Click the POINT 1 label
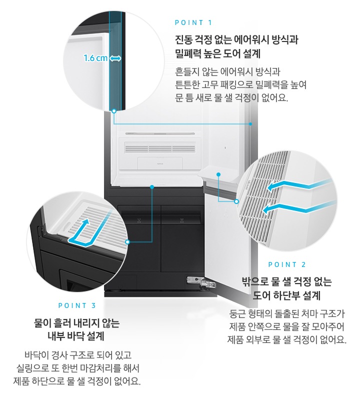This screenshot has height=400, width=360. pyautogui.click(x=193, y=22)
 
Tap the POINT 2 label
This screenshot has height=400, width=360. pyautogui.click(x=287, y=264)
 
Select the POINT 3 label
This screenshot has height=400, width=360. pyautogui.click(x=77, y=305)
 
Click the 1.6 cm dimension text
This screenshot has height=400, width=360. pyautogui.click(x=95, y=58)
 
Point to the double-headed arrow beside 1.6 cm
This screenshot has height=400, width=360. pyautogui.click(x=115, y=58)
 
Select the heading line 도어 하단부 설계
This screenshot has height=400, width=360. pyautogui.click(x=287, y=295)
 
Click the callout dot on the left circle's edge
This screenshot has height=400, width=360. pyautogui.click(x=128, y=241)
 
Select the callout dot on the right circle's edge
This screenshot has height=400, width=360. pyautogui.click(x=237, y=201)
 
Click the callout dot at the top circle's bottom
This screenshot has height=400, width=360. pyautogui.click(x=114, y=109)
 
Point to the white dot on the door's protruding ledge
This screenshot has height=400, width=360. pyautogui.click(x=218, y=174)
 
